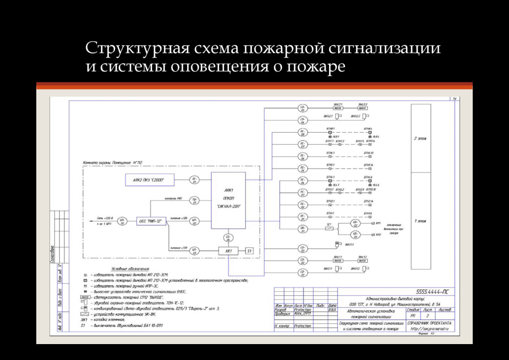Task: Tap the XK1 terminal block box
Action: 229,251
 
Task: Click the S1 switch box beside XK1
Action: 250,251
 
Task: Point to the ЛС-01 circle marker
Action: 194,180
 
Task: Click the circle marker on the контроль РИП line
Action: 194,201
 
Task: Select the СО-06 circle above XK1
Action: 228,237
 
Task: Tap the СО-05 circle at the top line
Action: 302,108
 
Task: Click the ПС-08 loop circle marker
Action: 302,133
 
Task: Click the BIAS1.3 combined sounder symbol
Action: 338,244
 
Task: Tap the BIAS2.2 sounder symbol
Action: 365,116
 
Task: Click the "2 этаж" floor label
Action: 421,138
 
